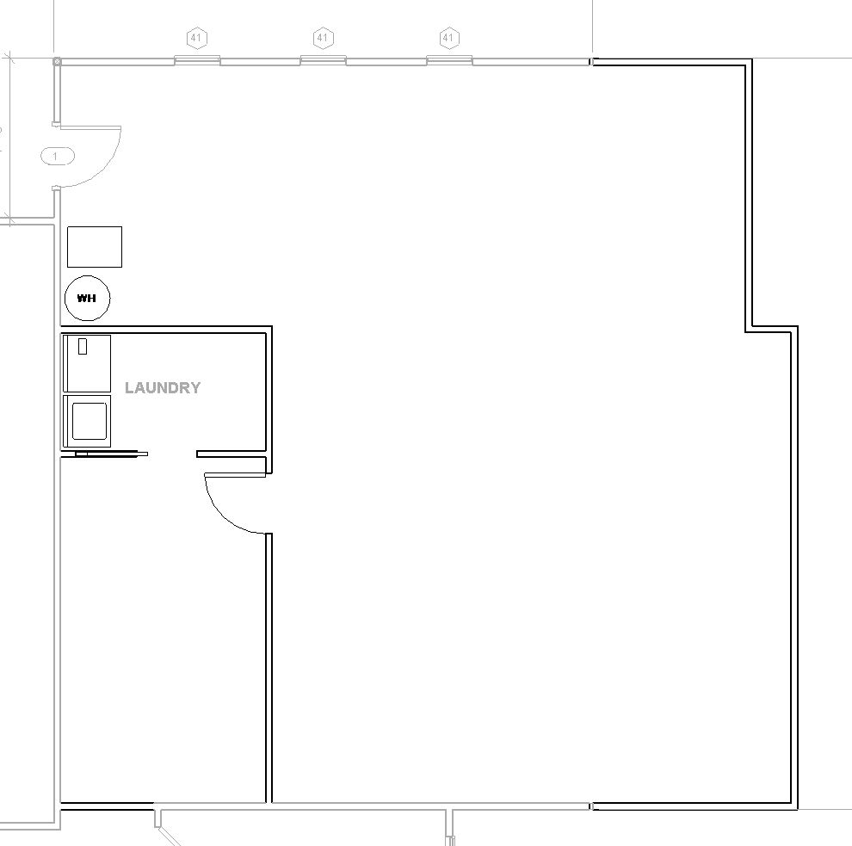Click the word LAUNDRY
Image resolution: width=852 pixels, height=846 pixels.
163,387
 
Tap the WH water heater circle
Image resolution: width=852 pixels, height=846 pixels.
87,298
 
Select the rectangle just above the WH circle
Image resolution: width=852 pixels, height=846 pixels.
95,247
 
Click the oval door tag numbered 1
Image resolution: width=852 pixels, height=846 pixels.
57,157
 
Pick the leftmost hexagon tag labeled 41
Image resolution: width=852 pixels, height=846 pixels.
197,38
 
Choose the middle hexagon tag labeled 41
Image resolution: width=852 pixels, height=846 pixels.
323,38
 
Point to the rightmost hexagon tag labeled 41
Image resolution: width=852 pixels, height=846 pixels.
448,38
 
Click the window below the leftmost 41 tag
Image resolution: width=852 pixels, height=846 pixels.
197,60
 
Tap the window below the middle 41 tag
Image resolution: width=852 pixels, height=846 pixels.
324,60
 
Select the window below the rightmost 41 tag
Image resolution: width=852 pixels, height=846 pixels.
449,60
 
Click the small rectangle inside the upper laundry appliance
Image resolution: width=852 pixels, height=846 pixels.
83,346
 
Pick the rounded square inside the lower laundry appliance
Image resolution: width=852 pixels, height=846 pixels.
90,421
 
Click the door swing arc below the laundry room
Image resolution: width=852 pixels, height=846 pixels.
220,516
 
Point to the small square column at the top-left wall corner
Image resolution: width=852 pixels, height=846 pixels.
57,62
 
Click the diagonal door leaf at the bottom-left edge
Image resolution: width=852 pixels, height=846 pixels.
168,837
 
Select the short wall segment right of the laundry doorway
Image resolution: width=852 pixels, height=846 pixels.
231,454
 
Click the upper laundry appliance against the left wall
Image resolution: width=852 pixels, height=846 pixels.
87,363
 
